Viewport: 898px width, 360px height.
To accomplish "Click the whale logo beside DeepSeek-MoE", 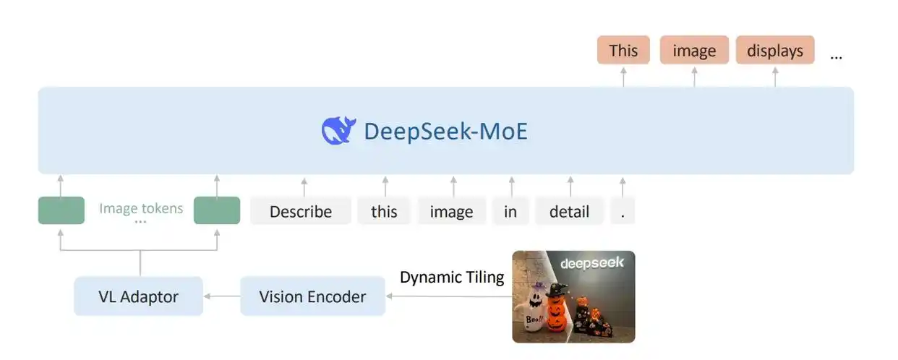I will (x=338, y=130).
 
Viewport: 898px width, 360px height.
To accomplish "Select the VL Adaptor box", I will (x=138, y=296).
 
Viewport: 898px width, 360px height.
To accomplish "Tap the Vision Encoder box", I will (x=312, y=296).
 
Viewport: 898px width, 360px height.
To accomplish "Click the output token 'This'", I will (x=623, y=51).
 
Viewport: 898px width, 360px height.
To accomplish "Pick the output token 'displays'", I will (x=775, y=51).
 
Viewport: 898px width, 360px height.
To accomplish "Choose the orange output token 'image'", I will (x=694, y=51).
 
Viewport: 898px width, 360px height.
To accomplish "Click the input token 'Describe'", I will (x=301, y=211).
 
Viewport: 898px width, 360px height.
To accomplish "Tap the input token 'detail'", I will (x=569, y=211).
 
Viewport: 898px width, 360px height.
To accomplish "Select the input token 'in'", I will (x=510, y=211).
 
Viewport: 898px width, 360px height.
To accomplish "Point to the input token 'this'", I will (x=384, y=211).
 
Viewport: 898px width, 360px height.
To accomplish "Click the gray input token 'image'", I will (x=451, y=211).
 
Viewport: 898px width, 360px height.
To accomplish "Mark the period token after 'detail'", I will (x=622, y=211).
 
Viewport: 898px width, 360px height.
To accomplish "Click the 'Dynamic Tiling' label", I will (x=452, y=277).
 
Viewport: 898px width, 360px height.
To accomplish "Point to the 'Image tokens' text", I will (x=141, y=208).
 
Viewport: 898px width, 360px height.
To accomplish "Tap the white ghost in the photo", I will (x=529, y=308).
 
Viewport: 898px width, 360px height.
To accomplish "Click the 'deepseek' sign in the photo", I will (x=592, y=263).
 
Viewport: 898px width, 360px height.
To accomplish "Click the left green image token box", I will (x=61, y=210).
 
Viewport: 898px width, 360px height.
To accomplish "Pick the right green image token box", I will (x=217, y=210).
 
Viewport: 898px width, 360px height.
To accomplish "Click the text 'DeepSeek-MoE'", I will (x=445, y=131).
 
